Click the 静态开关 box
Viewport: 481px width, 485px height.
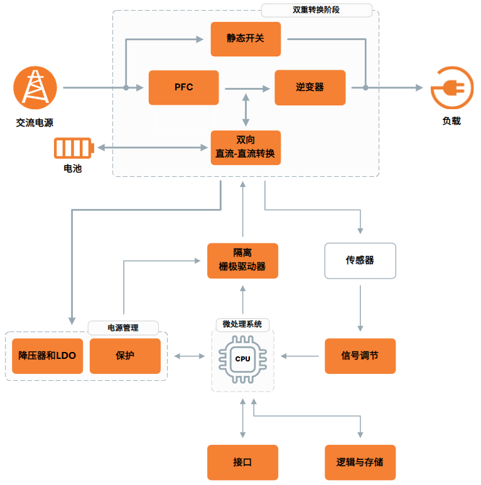[246, 39]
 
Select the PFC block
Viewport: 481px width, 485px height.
[183, 87]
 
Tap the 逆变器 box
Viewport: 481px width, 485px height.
[310, 87]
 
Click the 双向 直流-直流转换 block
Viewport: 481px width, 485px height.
[246, 147]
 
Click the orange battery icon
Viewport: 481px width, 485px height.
[74, 148]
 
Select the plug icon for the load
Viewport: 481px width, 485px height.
[451, 88]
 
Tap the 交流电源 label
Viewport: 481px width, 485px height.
[35, 123]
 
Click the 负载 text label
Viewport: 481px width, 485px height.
[451, 121]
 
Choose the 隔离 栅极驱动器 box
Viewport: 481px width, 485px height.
[242, 260]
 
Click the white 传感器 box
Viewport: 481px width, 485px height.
[360, 260]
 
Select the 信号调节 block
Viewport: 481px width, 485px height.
[360, 356]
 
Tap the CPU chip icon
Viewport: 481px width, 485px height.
[242, 359]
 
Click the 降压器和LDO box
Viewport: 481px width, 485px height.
[47, 356]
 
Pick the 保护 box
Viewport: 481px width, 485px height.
[125, 356]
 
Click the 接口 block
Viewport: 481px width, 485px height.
[242, 462]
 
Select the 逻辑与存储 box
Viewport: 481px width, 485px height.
[360, 462]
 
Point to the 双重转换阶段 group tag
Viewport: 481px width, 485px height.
[316, 11]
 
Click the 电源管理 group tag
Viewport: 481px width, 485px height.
[123, 328]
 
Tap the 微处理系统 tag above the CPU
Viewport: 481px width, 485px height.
[242, 324]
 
